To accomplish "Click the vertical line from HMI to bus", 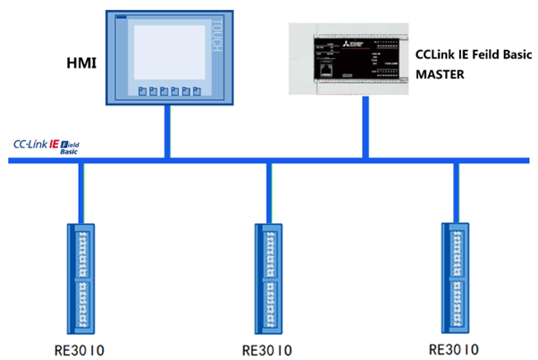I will [167, 134].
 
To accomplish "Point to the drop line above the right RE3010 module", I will [454, 191].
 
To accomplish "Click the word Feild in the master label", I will [483, 55].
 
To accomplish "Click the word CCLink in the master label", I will [433, 55].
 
